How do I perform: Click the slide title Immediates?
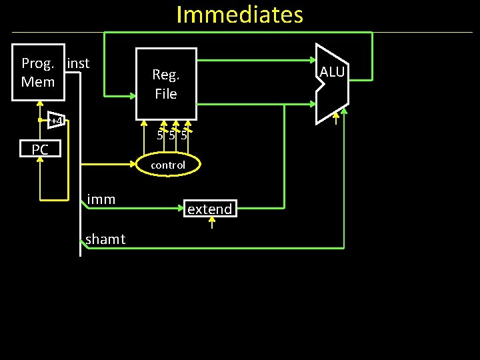(x=239, y=15)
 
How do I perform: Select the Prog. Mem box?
(x=38, y=73)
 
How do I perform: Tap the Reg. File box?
(x=166, y=83)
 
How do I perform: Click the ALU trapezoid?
(x=332, y=84)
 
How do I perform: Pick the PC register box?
(x=39, y=149)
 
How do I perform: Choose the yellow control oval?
(x=167, y=165)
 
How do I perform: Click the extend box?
(x=209, y=209)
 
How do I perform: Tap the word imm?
(x=101, y=199)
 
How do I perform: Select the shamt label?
(x=105, y=239)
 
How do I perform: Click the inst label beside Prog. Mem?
(x=79, y=63)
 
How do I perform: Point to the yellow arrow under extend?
(x=211, y=223)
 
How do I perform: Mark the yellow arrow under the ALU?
(x=337, y=121)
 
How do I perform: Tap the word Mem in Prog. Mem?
(x=37, y=82)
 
